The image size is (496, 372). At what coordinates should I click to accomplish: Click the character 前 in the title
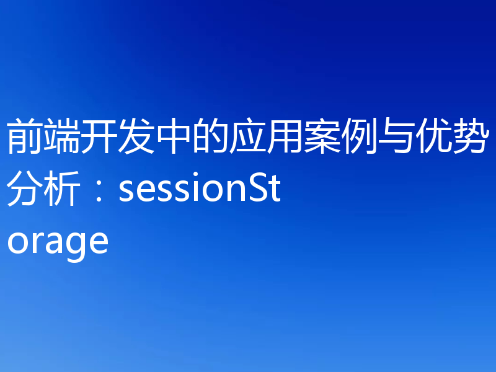[25, 138]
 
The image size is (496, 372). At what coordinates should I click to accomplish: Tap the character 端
[62, 138]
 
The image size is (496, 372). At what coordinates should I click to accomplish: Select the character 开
[99, 138]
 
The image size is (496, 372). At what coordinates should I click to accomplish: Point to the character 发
[136, 138]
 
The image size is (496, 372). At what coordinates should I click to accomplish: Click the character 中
[174, 138]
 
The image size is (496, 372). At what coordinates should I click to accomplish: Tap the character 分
[25, 190]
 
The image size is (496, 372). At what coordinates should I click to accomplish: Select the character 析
[62, 190]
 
